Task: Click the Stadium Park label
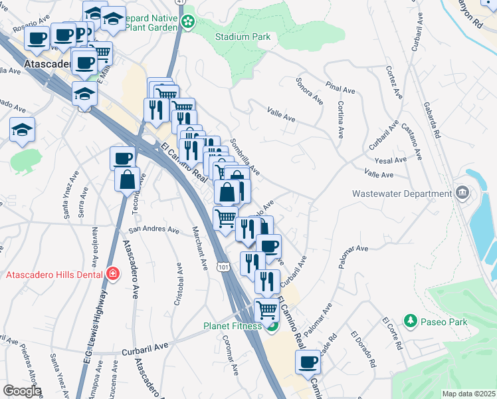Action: (x=243, y=37)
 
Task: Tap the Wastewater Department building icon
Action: (x=463, y=194)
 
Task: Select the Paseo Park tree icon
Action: (x=411, y=322)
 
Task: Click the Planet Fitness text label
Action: (x=233, y=327)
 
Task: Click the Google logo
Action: (x=21, y=391)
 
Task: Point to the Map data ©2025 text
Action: (x=468, y=394)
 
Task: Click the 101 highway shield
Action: (x=222, y=266)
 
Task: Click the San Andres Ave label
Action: (x=153, y=230)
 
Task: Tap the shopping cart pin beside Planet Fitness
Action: (x=266, y=310)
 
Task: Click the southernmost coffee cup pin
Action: (x=308, y=362)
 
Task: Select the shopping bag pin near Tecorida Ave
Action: (x=127, y=179)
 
